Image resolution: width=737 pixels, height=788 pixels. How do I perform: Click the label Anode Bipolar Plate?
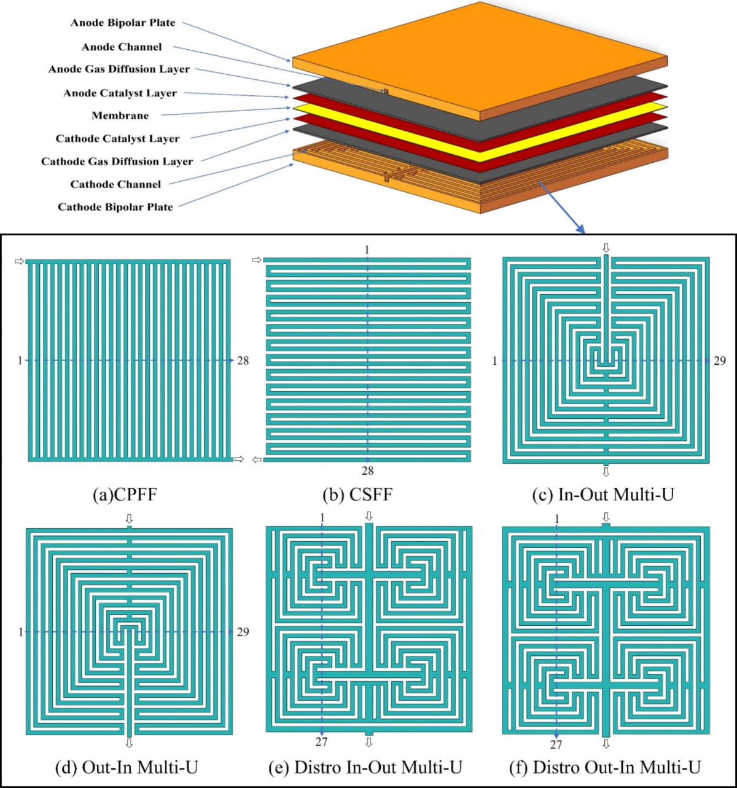coord(123,23)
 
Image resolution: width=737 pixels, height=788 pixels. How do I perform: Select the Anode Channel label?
coord(122,47)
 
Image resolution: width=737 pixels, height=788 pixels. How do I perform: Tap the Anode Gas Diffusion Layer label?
coord(119,69)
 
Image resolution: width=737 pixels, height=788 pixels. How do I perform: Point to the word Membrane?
coord(120,115)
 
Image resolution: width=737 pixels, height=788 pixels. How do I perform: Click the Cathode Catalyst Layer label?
coord(117,139)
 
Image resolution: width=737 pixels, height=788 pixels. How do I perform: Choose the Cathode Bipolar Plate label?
coord(115,207)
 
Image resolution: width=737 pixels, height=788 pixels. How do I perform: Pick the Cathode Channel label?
coord(115,184)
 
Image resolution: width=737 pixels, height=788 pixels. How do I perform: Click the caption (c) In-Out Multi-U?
coord(604,494)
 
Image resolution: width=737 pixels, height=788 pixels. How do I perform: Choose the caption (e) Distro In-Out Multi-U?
coord(365,767)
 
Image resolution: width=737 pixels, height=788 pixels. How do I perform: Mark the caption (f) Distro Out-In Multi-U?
coord(605,767)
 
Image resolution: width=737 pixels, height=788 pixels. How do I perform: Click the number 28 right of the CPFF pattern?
coord(243,361)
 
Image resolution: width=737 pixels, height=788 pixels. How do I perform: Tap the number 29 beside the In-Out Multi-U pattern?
coord(720,361)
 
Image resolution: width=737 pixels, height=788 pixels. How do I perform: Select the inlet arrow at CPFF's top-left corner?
coord(20,262)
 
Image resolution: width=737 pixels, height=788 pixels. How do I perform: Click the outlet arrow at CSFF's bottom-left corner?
coord(257,459)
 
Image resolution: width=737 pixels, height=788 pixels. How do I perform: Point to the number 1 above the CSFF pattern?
coord(367,250)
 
